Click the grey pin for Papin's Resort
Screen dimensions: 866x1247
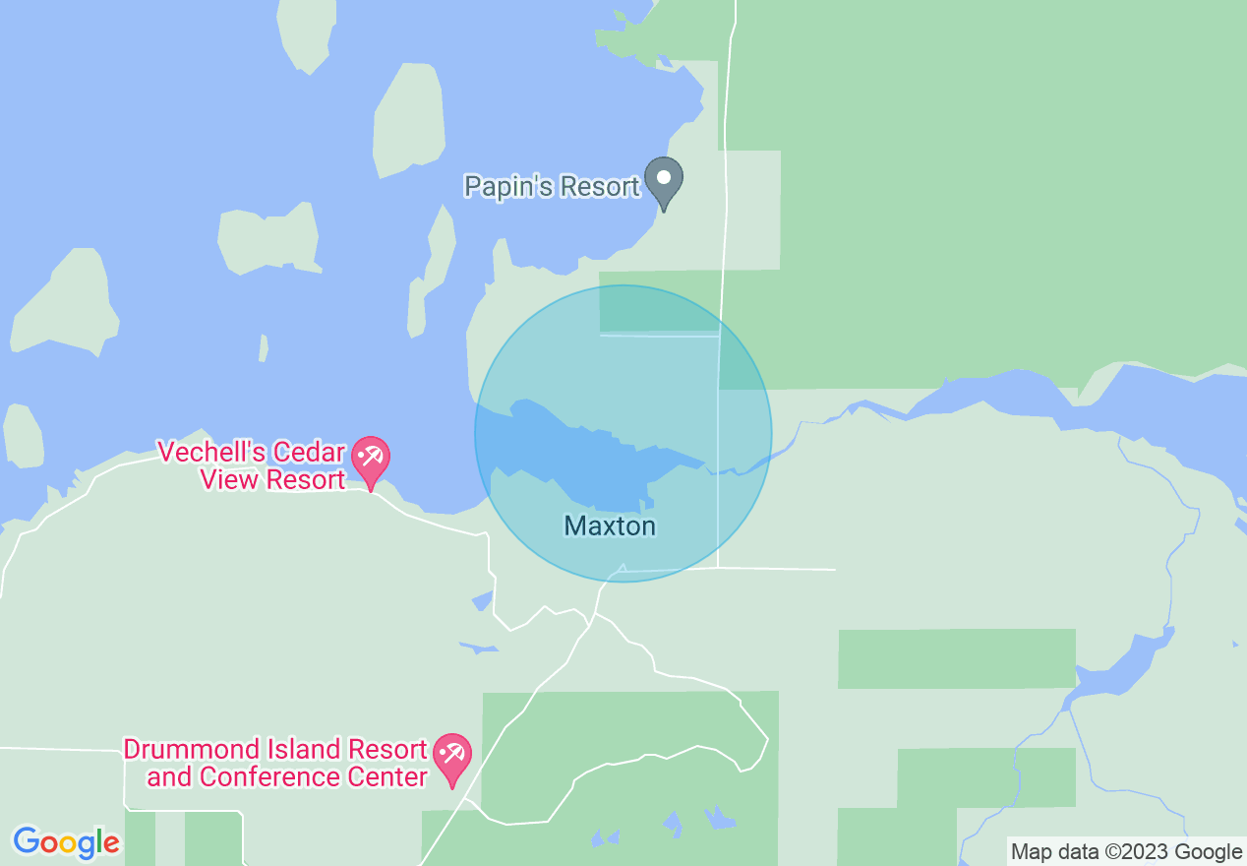[664, 180]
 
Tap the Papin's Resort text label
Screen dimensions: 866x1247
[552, 186]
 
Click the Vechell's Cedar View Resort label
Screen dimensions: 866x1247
[253, 466]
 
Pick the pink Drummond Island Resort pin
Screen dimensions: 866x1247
[452, 757]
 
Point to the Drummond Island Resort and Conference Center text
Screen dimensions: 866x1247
[275, 764]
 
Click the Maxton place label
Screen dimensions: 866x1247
[610, 526]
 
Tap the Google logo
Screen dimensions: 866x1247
[66, 842]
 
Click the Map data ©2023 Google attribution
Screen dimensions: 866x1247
[1126, 852]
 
